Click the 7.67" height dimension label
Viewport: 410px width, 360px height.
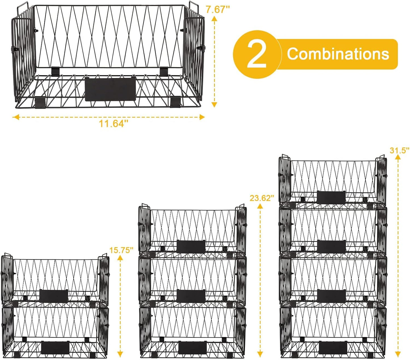[218, 10]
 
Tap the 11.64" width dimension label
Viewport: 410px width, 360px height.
[113, 124]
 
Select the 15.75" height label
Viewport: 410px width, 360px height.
[121, 250]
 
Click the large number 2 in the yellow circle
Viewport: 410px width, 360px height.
[257, 54]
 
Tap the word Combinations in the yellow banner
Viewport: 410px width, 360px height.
[338, 54]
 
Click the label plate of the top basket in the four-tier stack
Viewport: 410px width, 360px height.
[331, 197]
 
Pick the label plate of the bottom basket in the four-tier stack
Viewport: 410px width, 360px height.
[333, 347]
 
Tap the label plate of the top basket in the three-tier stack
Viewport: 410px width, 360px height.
[191, 246]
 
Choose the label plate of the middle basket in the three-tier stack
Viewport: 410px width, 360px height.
[191, 296]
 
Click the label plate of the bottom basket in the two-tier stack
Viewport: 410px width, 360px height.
[55, 348]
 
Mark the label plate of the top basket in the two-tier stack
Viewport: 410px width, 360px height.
[54, 296]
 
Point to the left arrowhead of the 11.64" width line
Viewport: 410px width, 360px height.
[16, 117]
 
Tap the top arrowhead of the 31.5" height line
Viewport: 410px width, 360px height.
[398, 159]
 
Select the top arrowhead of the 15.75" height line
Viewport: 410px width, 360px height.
[120, 258]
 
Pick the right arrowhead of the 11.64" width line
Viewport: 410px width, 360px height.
[202, 117]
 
